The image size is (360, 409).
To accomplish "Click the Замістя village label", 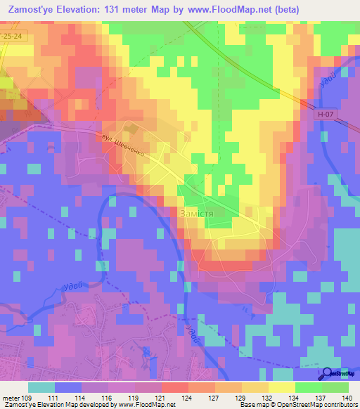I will click(x=202, y=212).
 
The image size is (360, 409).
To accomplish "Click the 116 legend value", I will click(x=107, y=398).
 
